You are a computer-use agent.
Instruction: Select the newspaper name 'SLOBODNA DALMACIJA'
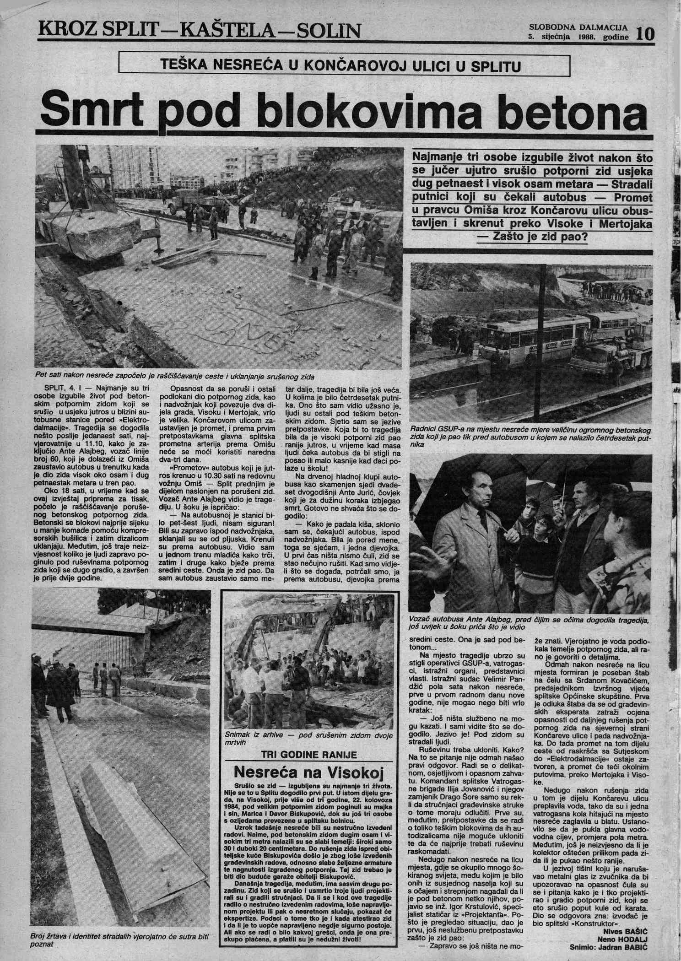pos(578,27)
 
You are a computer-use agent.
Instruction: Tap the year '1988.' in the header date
pos(588,38)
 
